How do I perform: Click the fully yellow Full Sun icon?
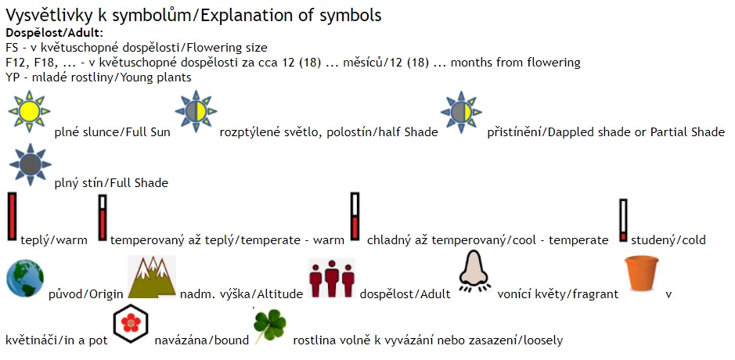point(29,111)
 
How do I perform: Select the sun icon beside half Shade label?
point(196,111)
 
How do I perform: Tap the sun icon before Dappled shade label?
point(461,112)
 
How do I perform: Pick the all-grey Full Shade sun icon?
point(30,164)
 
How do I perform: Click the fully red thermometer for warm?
point(13,217)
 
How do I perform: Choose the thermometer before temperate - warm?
point(103,218)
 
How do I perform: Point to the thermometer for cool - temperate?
point(355,216)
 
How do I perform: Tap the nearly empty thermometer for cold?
point(623,221)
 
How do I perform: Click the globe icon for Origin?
point(25,279)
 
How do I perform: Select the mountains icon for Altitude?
point(152,277)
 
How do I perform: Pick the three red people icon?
point(332,278)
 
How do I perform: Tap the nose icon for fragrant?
point(475,272)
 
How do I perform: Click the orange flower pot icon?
point(642,273)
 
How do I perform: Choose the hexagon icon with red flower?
point(131,323)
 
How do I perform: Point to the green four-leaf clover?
point(269,326)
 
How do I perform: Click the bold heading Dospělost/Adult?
point(54,34)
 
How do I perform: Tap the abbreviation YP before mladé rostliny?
point(13,77)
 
